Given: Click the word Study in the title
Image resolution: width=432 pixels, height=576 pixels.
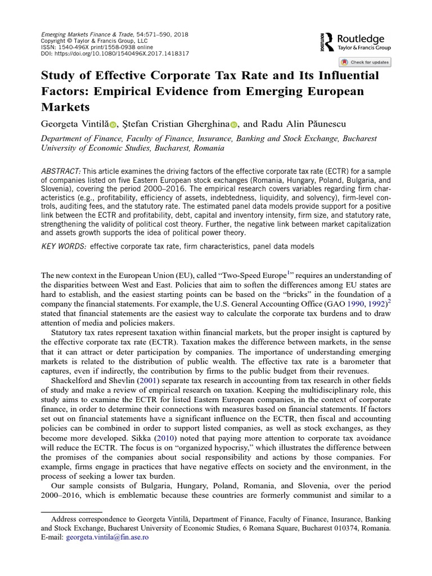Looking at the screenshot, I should [58, 76].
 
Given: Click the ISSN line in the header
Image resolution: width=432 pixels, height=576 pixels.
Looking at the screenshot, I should [99, 47].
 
